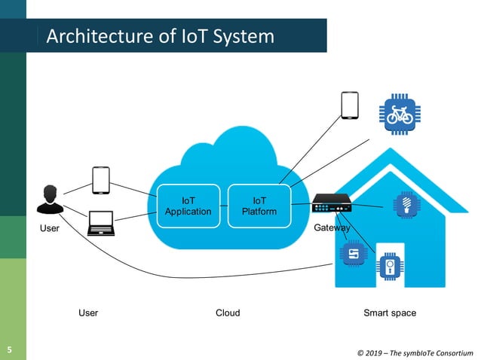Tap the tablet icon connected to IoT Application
click(102, 180)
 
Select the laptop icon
click(100, 223)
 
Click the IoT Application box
click(188, 206)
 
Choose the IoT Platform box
click(259, 206)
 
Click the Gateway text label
click(331, 228)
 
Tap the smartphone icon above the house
click(349, 105)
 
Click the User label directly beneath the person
click(49, 228)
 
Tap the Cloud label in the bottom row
click(228, 313)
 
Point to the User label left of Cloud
click(88, 313)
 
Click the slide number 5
click(10, 349)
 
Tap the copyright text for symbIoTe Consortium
click(415, 352)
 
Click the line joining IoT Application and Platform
click(224, 206)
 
